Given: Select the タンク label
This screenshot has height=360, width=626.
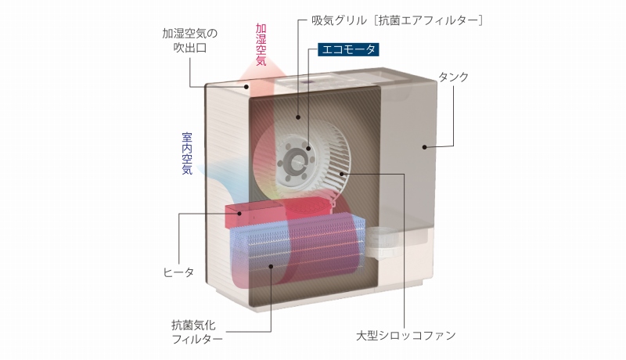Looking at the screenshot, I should (454, 77).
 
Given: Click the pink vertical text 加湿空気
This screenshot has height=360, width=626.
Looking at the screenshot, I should (261, 49).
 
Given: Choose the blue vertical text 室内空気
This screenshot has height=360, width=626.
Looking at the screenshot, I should (187, 152).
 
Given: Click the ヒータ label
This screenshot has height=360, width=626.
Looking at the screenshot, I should (178, 272).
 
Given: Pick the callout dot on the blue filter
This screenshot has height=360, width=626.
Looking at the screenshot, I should (271, 268).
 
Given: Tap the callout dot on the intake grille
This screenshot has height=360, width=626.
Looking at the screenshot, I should (298, 117).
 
